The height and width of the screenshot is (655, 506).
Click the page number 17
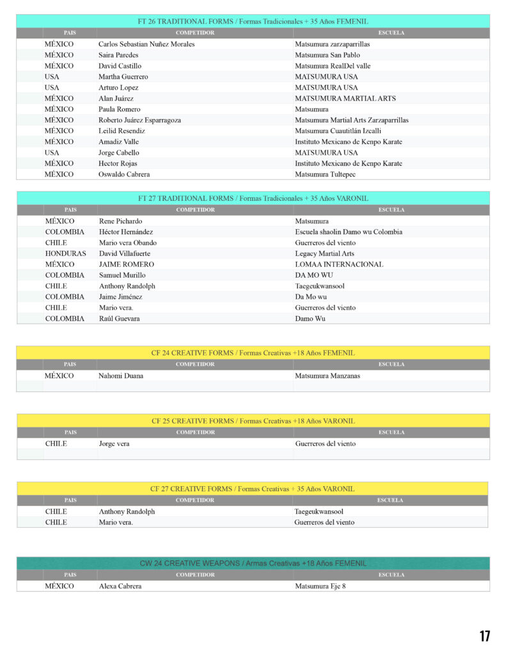485,636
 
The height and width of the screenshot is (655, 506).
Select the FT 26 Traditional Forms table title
253,21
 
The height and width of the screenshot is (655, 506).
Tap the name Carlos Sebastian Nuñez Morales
146,44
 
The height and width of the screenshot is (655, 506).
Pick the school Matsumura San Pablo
328,55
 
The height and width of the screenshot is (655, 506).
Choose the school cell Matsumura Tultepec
325,174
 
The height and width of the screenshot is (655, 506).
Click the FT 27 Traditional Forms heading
253,198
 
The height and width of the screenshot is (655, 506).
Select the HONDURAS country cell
65,253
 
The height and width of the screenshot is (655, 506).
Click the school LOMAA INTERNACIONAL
339,264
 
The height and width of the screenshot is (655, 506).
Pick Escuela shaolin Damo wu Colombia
349,232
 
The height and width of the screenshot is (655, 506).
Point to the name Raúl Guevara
120,319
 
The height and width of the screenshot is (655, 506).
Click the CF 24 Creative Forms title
253,352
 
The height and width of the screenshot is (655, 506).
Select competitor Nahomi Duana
121,375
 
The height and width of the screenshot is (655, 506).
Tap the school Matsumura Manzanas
328,375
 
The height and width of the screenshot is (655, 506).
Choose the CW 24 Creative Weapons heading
253,563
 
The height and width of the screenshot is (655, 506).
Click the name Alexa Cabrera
120,586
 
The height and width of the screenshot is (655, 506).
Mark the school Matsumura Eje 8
320,586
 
